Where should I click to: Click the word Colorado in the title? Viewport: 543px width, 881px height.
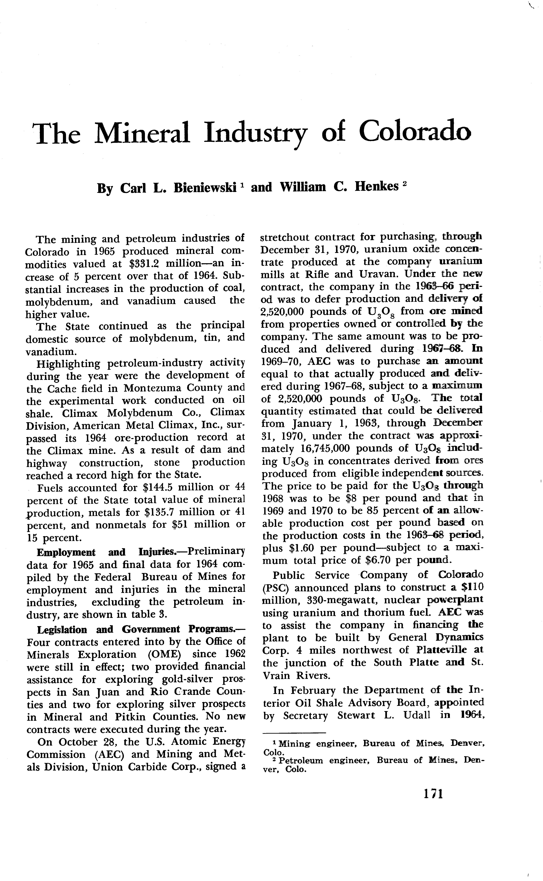point(415,132)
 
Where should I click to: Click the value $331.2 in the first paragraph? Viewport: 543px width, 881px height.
point(144,264)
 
